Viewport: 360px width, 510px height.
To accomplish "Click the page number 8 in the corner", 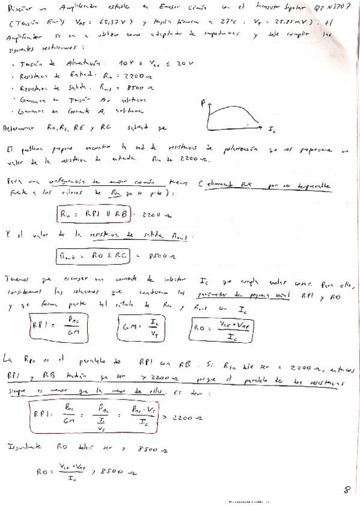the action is tap(346, 490).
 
